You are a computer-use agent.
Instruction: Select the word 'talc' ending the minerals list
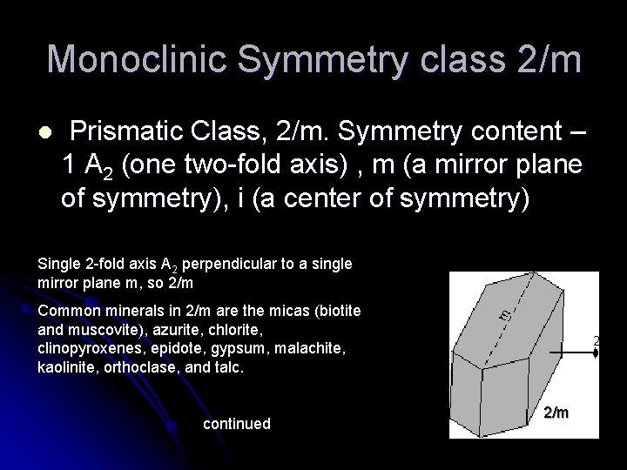[228, 368]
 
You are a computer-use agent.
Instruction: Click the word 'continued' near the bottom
[236, 424]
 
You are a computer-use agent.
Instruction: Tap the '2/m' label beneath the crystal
[556, 412]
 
